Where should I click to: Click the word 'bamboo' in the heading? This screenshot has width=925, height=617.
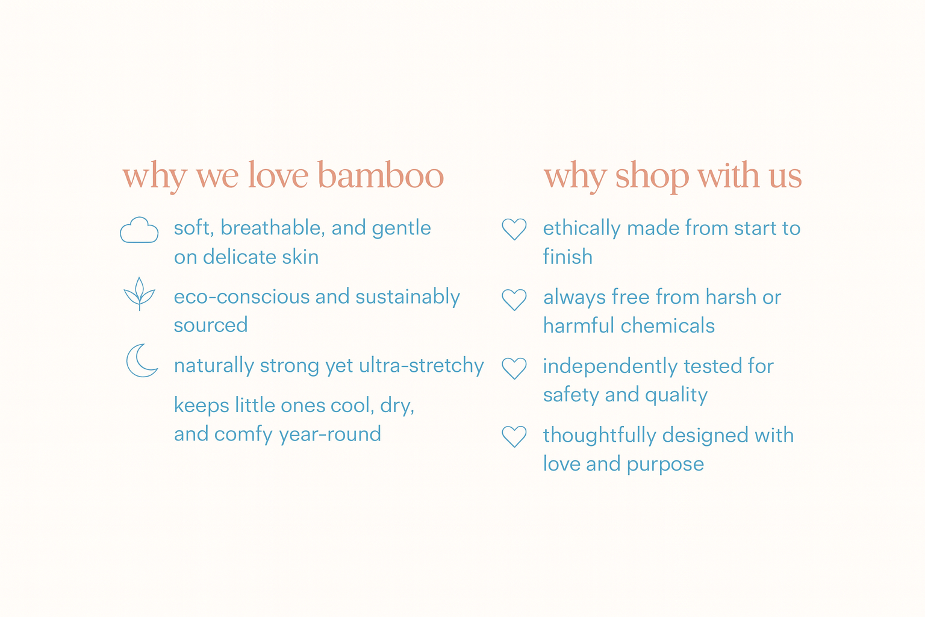pyautogui.click(x=381, y=175)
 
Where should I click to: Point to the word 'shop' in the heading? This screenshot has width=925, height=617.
pyautogui.click(x=652, y=177)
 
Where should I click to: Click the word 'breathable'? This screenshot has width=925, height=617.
pyautogui.click(x=270, y=228)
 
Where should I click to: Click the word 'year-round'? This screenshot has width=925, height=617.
pyautogui.click(x=330, y=435)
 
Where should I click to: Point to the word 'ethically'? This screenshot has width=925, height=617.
pyautogui.click(x=581, y=229)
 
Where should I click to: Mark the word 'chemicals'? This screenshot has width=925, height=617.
pyautogui.click(x=668, y=325)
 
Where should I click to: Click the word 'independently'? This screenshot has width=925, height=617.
pyautogui.click(x=610, y=367)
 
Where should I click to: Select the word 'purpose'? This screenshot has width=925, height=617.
pyautogui.click(x=665, y=465)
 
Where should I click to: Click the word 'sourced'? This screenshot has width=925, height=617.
pyautogui.click(x=211, y=325)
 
